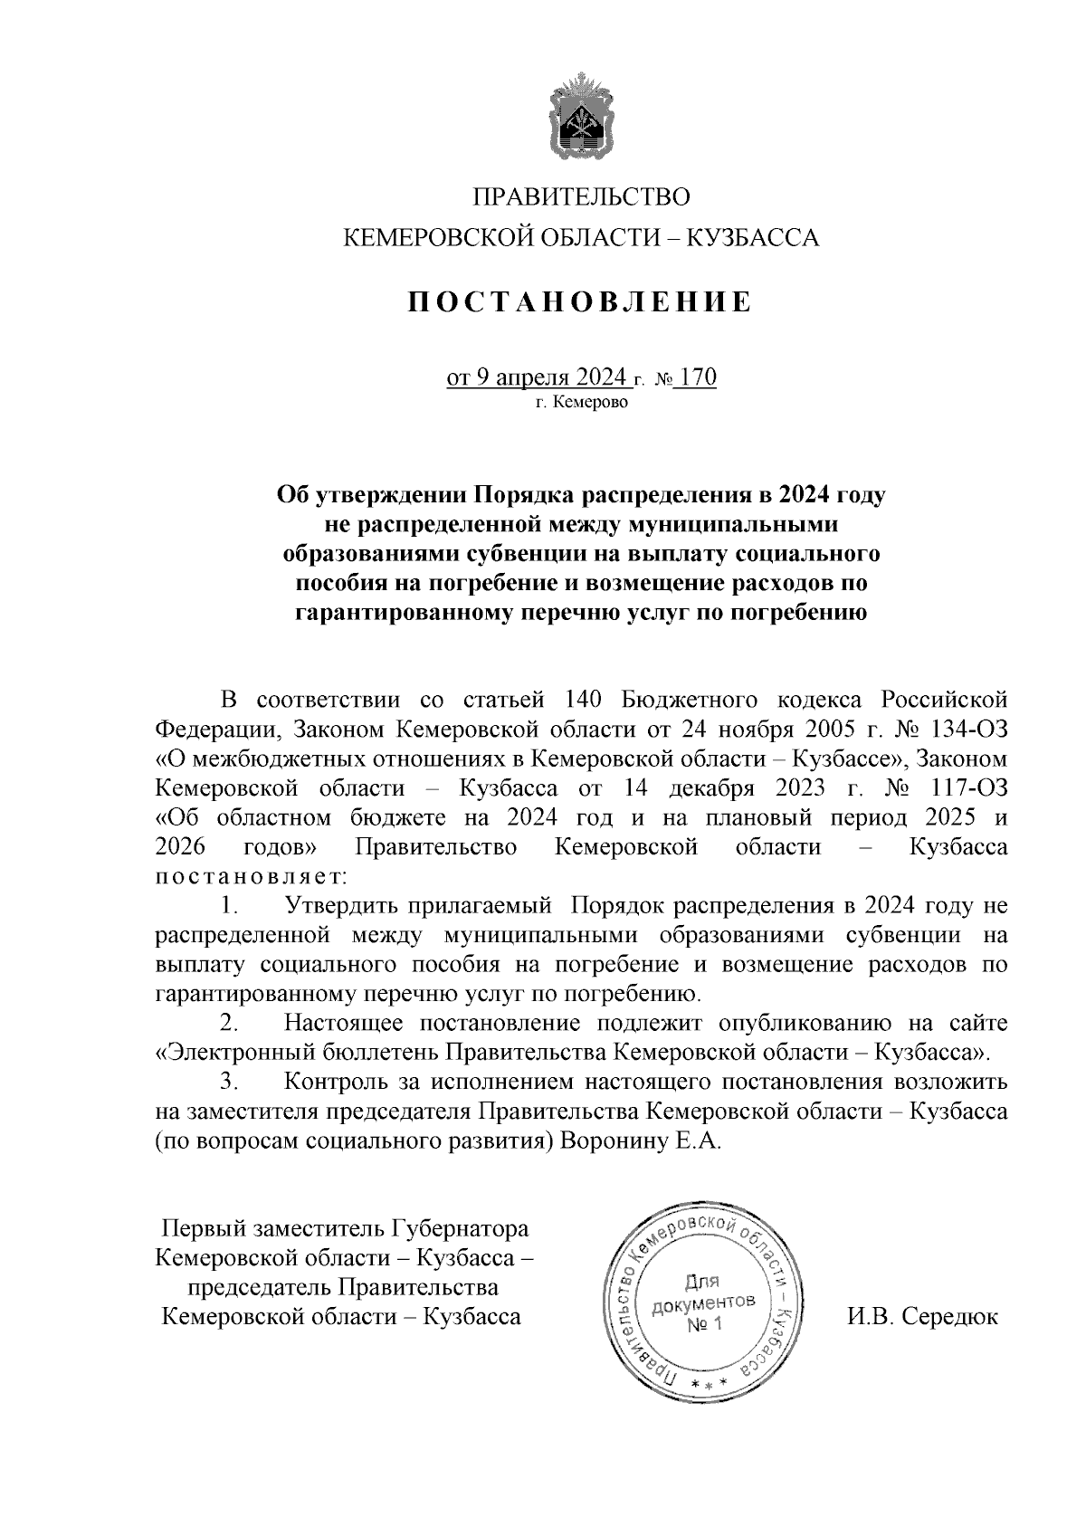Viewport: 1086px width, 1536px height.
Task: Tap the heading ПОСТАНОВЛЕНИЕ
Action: coord(580,301)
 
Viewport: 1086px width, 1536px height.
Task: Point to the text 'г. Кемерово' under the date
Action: coord(580,402)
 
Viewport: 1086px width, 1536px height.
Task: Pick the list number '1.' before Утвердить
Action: coord(229,905)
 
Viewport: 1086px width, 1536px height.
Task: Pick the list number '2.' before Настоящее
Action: coord(229,1023)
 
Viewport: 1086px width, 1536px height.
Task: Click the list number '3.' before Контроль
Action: coord(229,1082)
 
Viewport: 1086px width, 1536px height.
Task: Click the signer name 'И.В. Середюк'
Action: coord(922,1316)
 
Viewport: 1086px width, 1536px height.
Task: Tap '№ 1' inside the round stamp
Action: coord(703,1325)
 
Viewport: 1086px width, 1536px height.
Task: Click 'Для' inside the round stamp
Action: coord(701,1282)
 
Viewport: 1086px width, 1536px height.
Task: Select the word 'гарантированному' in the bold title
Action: coord(402,614)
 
